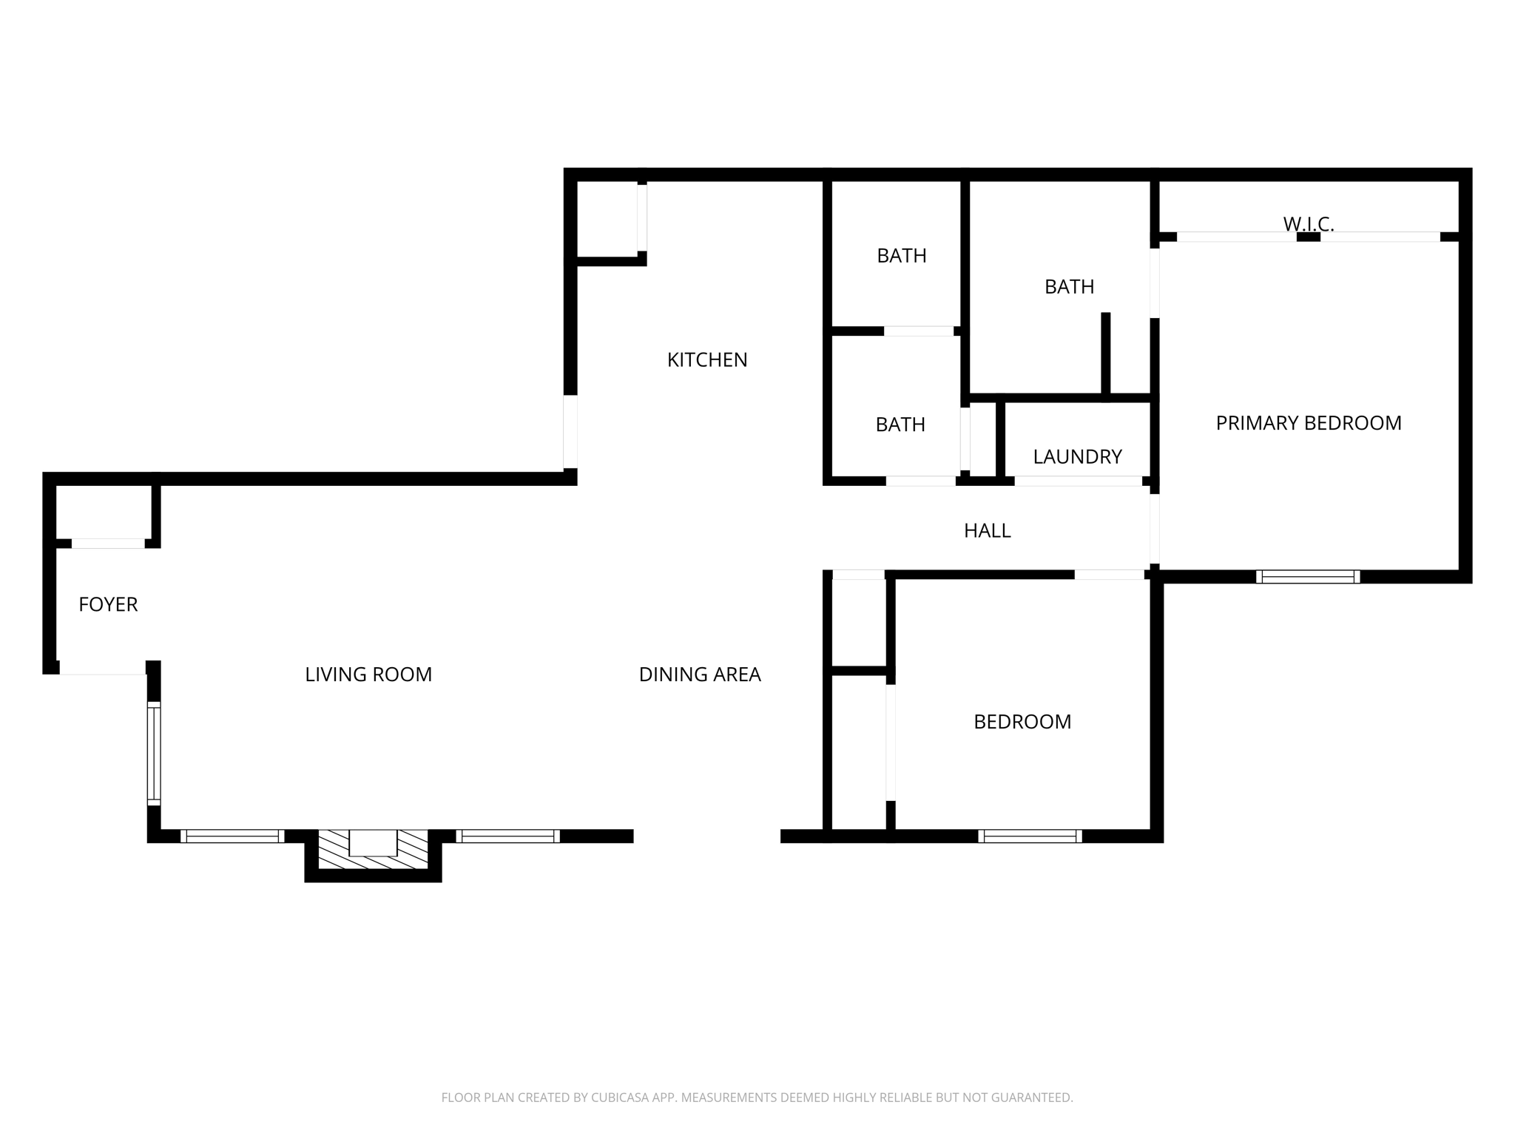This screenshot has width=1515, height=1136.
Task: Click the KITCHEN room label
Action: pyautogui.click(x=707, y=359)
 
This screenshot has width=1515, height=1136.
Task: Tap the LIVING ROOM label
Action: pyautogui.click(x=368, y=674)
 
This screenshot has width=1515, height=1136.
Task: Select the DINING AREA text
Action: pyautogui.click(x=699, y=674)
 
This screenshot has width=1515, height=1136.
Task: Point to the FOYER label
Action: pyautogui.click(x=108, y=604)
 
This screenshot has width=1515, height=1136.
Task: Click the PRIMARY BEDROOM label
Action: pyautogui.click(x=1308, y=423)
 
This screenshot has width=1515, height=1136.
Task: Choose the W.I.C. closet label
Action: pyautogui.click(x=1308, y=223)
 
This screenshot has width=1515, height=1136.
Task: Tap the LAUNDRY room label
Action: pyautogui.click(x=1077, y=456)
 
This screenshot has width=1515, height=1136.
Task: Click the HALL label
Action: pyautogui.click(x=987, y=530)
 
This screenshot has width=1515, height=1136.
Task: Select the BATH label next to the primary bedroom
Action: pyautogui.click(x=1069, y=286)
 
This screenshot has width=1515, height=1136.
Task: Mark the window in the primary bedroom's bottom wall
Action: pyautogui.click(x=1307, y=577)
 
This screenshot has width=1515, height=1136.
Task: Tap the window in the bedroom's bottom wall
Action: pyautogui.click(x=1030, y=836)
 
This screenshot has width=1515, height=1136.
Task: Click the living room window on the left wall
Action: pyautogui.click(x=154, y=754)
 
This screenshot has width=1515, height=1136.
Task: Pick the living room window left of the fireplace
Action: pyautogui.click(x=232, y=836)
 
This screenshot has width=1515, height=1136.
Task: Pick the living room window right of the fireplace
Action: pyautogui.click(x=507, y=836)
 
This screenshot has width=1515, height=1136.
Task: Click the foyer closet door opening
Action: pyautogui.click(x=108, y=544)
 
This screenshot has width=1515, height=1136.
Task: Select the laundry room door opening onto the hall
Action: pyautogui.click(x=1077, y=481)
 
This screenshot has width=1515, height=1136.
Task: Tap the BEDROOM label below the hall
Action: pyautogui.click(x=1022, y=721)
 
